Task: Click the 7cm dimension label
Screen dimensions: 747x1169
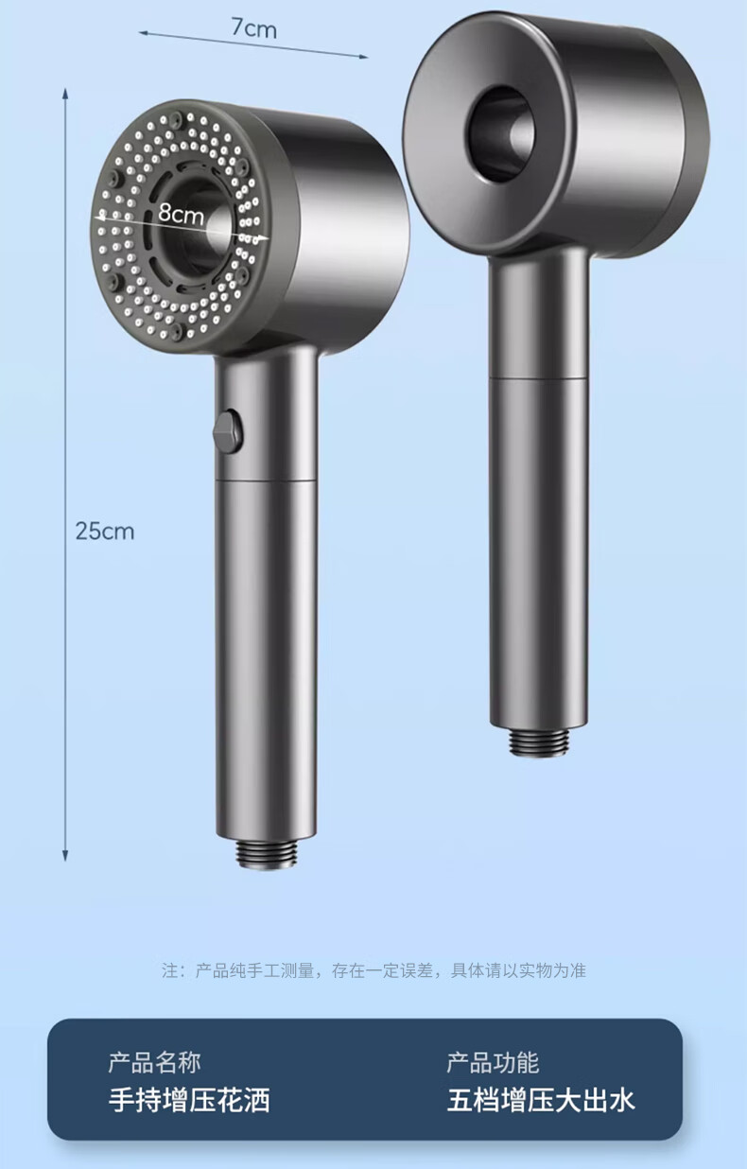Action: coord(254,28)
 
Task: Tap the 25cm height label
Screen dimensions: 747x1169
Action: coord(105,531)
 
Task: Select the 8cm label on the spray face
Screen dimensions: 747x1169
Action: coord(181,213)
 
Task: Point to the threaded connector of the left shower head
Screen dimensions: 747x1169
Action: coord(266,853)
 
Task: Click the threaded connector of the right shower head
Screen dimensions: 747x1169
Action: coord(538,742)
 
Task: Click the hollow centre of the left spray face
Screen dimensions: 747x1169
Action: coord(194,228)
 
